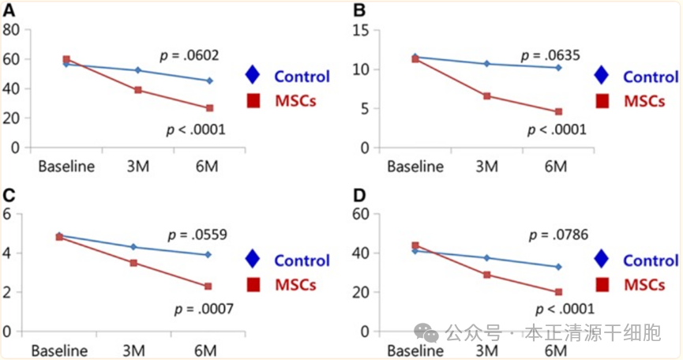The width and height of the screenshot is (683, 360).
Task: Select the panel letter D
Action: point(358,195)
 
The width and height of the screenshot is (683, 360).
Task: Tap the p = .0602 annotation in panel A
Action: point(190,55)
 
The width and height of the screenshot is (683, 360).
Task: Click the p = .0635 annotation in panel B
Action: point(551,55)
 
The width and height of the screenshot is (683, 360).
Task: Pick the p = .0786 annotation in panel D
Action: point(557,234)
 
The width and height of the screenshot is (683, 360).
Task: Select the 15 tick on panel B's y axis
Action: point(361,30)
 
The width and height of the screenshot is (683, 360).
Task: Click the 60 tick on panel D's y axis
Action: point(361,214)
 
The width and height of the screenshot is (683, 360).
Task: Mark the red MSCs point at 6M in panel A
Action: point(209,108)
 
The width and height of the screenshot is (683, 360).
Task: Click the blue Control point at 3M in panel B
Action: point(487,63)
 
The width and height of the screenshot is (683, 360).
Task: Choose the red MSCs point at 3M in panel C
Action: point(133,262)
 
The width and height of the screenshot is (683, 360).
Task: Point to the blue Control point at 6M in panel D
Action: point(558,267)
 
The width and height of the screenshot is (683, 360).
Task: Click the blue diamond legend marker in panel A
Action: point(253,76)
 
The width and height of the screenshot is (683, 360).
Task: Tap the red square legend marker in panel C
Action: point(253,284)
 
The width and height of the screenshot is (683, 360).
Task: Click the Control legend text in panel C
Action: point(302,260)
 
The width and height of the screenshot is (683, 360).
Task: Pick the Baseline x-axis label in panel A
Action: point(66,167)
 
